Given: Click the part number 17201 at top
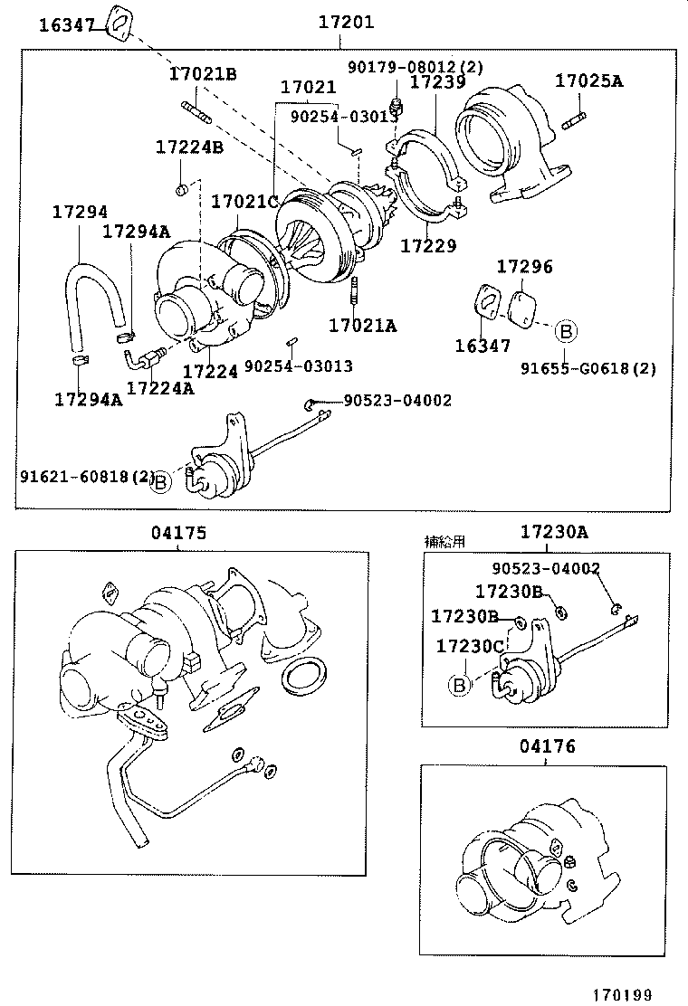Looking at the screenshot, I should [346, 23].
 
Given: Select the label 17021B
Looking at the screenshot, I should [203, 74].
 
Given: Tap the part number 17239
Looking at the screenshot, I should [437, 82].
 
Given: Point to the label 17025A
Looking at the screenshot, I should [589, 81].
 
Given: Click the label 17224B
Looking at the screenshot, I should [188, 147].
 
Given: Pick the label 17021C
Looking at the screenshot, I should [244, 202].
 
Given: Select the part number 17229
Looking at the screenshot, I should [428, 245].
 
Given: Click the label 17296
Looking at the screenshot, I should [524, 267].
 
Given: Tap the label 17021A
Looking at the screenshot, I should [362, 325].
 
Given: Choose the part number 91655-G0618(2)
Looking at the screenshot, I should [588, 368].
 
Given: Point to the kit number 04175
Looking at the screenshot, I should [178, 533].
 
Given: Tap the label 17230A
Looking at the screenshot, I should [553, 532].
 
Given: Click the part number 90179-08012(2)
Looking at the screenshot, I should [416, 66].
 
